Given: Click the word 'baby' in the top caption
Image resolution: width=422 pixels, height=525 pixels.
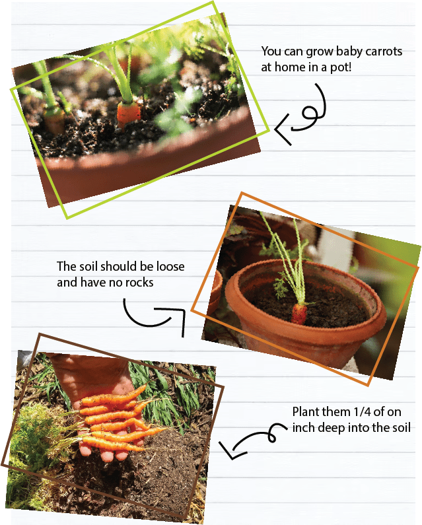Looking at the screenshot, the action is tap(349, 52).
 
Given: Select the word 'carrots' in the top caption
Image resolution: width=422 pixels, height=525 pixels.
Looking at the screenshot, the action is tap(384, 52).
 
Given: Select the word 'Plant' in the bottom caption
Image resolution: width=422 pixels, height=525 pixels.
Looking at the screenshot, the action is tap(305, 411).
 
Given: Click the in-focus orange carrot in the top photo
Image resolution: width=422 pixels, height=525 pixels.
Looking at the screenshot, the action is tap(128, 114).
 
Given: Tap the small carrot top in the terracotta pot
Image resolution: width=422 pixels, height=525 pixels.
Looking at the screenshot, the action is tap(299, 314).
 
